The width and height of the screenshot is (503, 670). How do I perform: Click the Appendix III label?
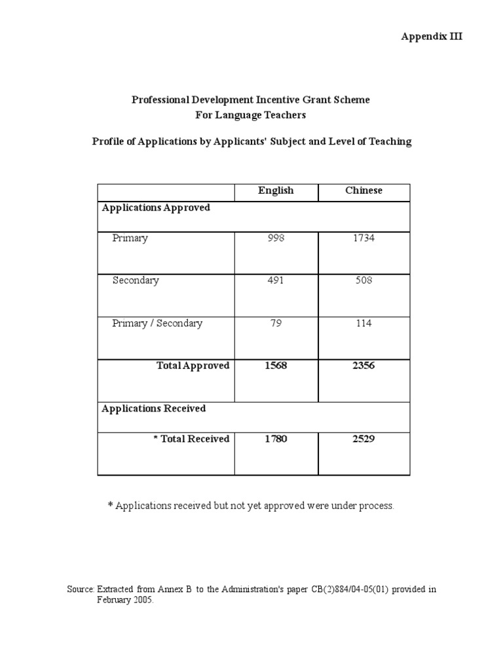[432, 37]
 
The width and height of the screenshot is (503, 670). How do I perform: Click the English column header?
[276, 190]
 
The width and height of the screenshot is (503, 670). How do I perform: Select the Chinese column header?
[363, 190]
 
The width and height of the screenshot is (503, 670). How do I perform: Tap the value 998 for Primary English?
[276, 238]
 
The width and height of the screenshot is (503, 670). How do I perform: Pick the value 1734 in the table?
[363, 238]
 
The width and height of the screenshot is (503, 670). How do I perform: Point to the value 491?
[276, 281]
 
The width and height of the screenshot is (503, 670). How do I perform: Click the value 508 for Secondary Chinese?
[363, 281]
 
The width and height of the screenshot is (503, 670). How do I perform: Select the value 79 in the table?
[276, 323]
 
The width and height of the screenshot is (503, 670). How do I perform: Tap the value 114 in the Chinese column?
[363, 323]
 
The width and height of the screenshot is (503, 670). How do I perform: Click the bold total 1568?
[276, 366]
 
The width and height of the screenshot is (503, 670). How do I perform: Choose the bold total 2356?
[363, 366]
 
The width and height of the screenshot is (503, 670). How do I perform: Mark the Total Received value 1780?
[276, 439]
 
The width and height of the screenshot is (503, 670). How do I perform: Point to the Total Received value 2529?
[363, 439]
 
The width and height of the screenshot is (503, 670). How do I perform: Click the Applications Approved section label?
[156, 207]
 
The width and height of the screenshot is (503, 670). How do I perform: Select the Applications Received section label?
[154, 408]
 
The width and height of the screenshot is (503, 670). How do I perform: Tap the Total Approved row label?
[193, 366]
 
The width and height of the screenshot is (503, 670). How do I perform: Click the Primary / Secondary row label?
[157, 323]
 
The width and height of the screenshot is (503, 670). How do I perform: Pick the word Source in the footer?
[81, 590]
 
